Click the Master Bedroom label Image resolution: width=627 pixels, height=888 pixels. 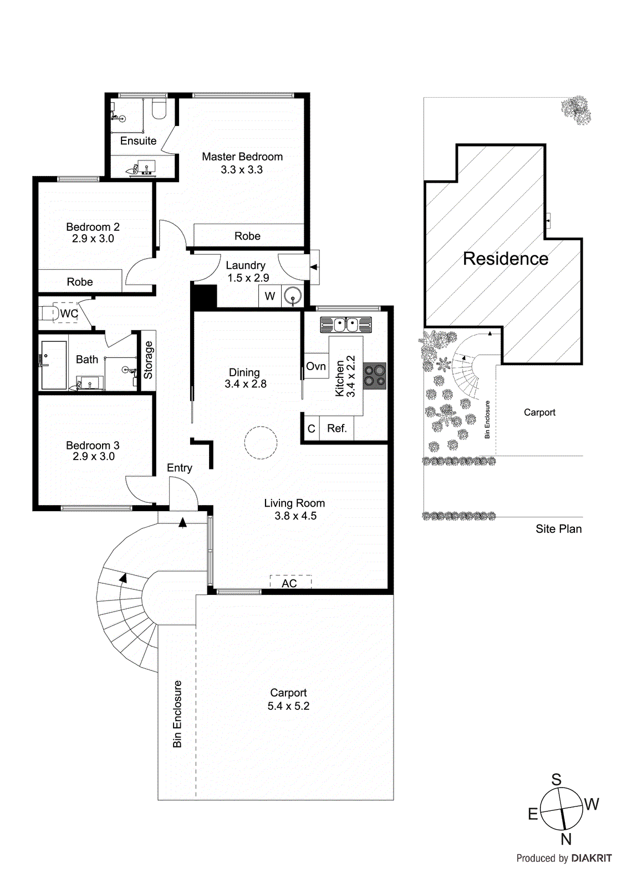[242, 157]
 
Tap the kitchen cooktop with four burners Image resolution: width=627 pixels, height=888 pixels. [375, 376]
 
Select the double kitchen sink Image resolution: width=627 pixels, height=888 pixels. [345, 324]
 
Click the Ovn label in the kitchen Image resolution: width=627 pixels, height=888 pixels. [315, 366]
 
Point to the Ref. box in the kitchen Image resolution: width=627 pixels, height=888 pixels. [337, 428]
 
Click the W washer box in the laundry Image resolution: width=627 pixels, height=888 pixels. [270, 296]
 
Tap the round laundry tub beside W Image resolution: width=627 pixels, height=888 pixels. [292, 296]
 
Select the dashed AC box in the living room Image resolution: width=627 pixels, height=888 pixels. [290, 582]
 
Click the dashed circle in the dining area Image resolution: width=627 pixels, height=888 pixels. [261, 442]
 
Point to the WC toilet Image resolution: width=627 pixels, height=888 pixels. [50, 314]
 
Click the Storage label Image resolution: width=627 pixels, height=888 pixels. [148, 360]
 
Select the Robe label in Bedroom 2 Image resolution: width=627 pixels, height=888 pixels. [80, 282]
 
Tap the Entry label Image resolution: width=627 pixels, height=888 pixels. [180, 468]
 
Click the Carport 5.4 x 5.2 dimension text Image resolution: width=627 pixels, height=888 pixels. [288, 706]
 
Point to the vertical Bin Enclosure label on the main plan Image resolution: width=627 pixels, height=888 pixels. [177, 714]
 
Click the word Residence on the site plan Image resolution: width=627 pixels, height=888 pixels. [505, 259]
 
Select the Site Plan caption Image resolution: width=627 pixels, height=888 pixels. [558, 529]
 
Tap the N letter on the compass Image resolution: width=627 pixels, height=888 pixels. [565, 839]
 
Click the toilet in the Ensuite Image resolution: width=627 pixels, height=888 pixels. [159, 109]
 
